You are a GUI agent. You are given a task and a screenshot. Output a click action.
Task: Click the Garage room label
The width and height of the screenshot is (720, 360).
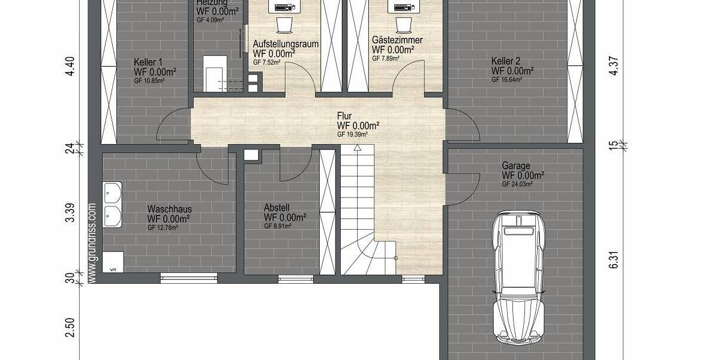516,166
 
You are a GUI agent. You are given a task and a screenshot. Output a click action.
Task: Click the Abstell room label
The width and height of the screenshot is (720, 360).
277,208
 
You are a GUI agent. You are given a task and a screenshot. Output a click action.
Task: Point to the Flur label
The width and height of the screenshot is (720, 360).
344,116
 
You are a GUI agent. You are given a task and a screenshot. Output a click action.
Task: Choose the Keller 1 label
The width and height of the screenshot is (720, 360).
148,62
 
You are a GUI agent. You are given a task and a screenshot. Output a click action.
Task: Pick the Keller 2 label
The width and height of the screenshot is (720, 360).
505,61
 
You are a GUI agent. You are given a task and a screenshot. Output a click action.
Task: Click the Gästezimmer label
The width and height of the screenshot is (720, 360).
397,40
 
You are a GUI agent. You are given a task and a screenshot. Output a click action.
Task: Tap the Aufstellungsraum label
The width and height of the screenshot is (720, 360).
286,44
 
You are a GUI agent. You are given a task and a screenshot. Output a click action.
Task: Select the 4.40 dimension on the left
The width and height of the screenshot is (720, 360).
70,65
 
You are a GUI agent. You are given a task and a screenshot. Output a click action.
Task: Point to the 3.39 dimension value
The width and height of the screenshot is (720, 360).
70,213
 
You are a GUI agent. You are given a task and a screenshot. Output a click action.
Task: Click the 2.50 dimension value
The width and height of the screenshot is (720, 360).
70,328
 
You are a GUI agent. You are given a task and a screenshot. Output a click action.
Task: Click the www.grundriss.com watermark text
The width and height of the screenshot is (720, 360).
92,242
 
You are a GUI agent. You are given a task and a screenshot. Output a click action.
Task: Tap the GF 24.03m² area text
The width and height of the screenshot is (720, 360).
517,184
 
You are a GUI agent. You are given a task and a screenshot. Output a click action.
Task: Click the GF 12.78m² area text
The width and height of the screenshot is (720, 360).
163,227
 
